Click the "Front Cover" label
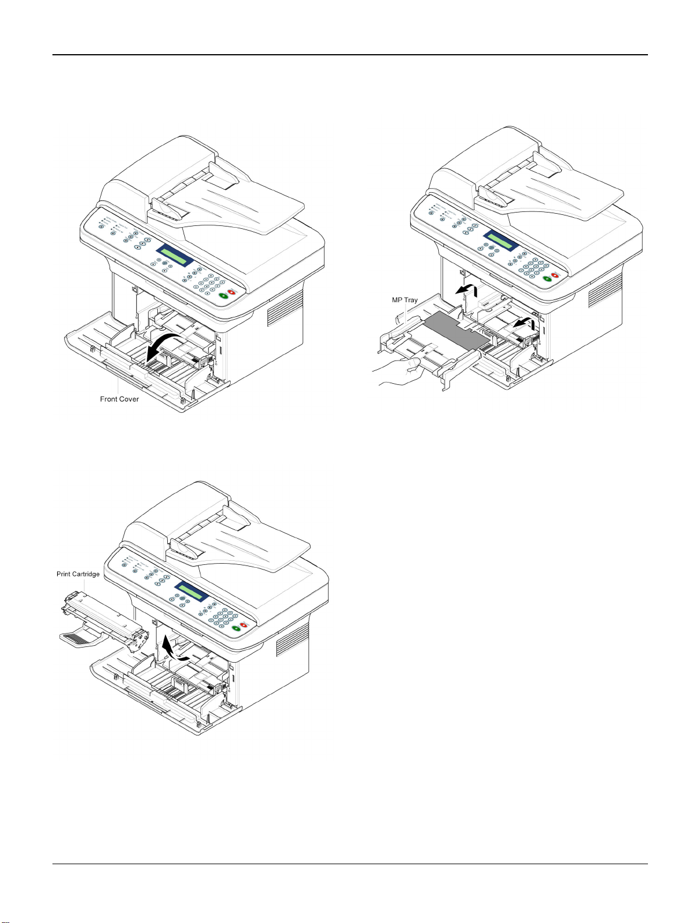(x=119, y=399)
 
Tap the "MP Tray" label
(x=404, y=300)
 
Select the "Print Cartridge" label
(x=78, y=574)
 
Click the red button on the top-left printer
(x=231, y=292)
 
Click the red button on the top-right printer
(x=555, y=275)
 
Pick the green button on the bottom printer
(x=236, y=629)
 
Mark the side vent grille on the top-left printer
(x=285, y=308)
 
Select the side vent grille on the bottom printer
(x=293, y=641)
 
